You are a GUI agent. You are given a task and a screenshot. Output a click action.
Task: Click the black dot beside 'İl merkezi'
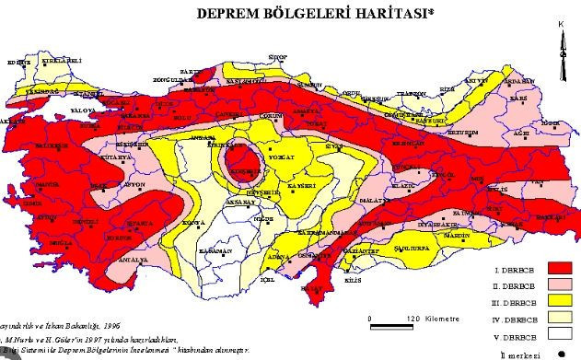coord(561,353)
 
